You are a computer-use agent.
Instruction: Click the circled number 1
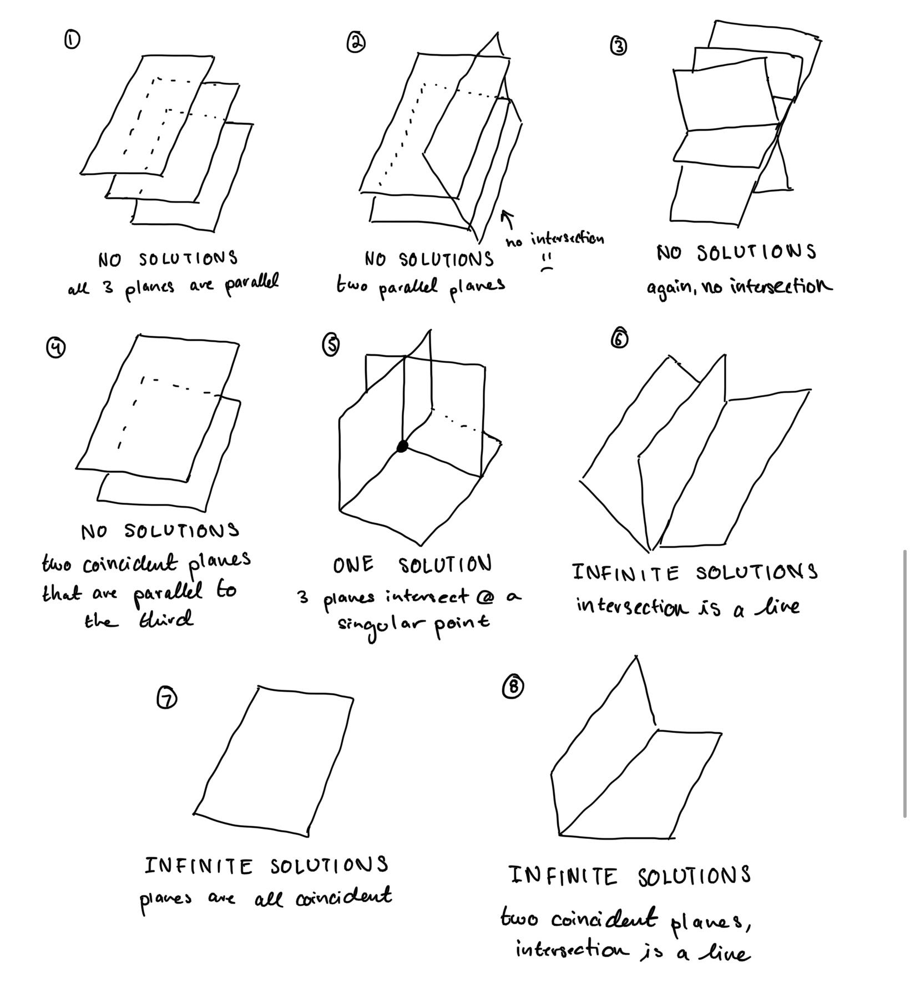point(72,39)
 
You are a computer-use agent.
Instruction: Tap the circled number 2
point(356,43)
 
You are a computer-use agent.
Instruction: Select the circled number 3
point(619,46)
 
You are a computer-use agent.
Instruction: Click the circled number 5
point(331,345)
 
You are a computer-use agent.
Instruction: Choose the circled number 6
point(619,339)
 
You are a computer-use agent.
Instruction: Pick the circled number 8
point(513,687)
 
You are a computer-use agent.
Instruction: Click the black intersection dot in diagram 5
point(402,446)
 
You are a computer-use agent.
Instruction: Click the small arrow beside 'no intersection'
point(507,219)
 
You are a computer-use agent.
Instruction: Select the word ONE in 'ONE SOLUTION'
point(353,565)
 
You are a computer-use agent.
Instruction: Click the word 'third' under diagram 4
point(165,619)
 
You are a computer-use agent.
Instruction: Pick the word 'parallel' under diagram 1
point(251,285)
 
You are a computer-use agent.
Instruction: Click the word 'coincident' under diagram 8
point(605,918)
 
